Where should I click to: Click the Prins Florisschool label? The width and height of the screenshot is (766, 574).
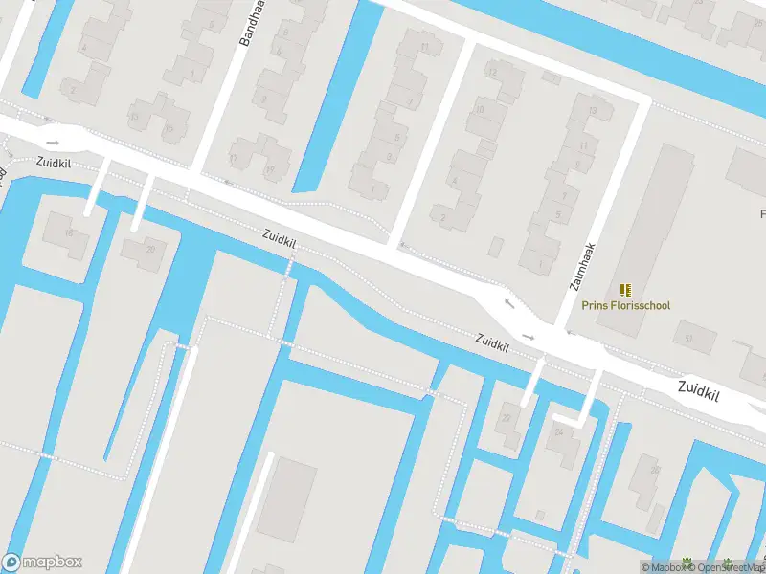pos(625,306)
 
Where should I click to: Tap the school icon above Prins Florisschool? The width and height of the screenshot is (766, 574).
pos(625,290)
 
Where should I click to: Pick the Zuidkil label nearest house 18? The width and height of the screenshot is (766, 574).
pos(55,163)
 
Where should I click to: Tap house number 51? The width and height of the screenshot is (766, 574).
pos(687,337)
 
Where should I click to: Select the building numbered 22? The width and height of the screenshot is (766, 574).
pos(507,418)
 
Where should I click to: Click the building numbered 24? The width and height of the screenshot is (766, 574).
pos(557,432)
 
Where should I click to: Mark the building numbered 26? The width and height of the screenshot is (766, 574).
pos(655,470)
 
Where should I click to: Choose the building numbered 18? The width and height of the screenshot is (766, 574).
pos(68,233)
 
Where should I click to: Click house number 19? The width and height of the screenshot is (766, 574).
pos(269,170)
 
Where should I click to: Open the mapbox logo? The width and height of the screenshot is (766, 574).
pos(42,563)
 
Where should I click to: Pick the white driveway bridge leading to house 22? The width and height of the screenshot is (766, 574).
pos(530,383)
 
